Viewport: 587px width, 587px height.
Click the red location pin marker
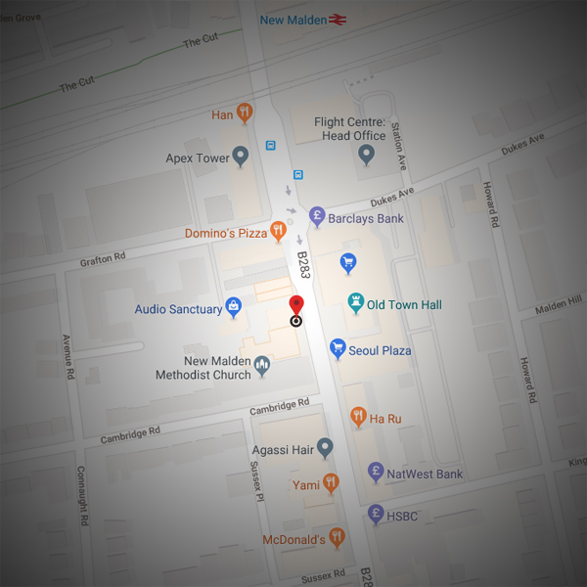tap(296, 304)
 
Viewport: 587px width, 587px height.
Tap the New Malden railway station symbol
tap(339, 20)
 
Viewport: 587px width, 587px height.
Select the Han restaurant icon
tap(245, 114)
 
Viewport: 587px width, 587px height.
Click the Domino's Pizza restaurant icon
tap(279, 232)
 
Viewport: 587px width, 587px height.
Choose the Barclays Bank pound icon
tap(316, 217)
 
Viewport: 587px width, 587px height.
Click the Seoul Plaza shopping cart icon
tap(338, 349)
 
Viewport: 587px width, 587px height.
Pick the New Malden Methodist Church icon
tap(262, 366)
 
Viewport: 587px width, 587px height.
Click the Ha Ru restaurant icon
tap(358, 418)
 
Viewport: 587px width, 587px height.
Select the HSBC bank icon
tap(375, 514)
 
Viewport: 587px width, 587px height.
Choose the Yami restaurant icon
tap(331, 483)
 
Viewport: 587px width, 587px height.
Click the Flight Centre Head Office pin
tap(367, 155)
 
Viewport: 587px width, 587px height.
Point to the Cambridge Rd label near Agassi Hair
tap(280, 406)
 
